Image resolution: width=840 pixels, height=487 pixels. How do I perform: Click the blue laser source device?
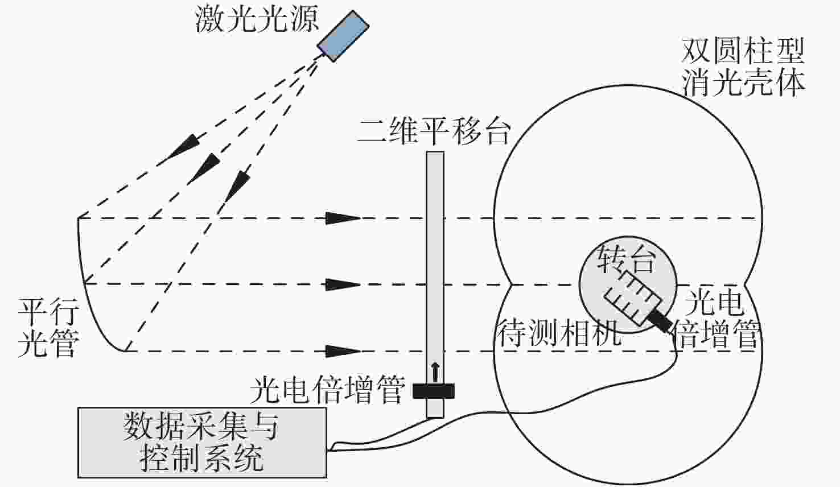(343, 36)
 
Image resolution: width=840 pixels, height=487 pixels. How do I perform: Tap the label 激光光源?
(257, 19)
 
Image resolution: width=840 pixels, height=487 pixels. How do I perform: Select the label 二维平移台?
(434, 131)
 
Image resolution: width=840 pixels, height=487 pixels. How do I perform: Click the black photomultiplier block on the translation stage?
(434, 391)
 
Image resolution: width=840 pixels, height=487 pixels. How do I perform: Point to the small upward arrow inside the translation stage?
(435, 372)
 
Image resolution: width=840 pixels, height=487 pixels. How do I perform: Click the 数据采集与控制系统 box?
(202, 443)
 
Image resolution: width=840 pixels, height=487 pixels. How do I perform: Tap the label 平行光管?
(48, 328)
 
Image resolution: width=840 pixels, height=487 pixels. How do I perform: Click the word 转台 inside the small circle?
(626, 259)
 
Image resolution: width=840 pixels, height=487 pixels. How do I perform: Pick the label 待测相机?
(559, 333)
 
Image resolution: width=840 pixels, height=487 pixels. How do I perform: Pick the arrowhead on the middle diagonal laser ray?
(204, 169)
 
